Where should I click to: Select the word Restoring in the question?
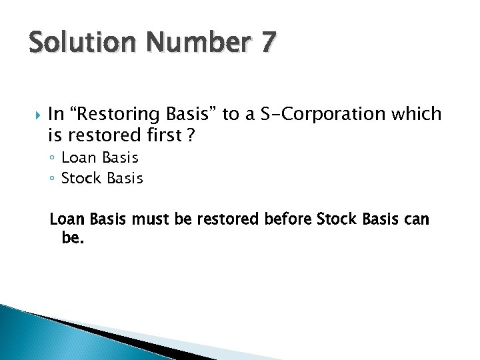click(118, 114)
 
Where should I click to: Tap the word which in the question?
click(417, 114)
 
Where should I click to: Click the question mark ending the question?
click(190, 135)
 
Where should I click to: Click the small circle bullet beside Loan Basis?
click(53, 159)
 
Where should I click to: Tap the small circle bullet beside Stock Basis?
click(53, 179)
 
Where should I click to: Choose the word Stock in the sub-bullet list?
click(82, 178)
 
